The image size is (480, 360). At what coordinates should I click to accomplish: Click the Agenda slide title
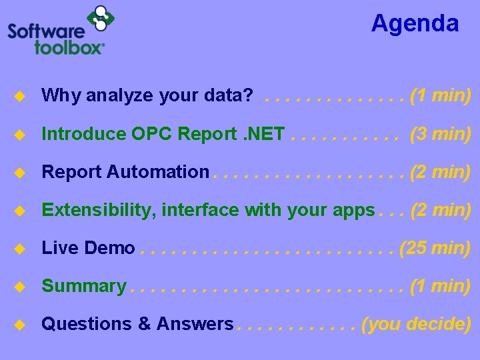point(415,23)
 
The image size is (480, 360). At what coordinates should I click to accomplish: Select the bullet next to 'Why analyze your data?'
point(20,97)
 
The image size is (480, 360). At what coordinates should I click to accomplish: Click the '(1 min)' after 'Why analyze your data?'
point(441,96)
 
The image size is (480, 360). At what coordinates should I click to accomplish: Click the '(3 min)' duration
point(441,134)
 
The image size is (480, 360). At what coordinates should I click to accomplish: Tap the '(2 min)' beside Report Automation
point(441,172)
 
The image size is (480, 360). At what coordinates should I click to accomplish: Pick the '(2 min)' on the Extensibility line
point(441,210)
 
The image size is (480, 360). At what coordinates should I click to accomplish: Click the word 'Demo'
point(110,249)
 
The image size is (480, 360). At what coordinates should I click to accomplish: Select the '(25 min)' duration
point(435,248)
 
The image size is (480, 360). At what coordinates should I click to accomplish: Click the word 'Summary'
point(83,287)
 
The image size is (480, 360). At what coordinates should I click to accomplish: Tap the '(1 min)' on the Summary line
point(441,286)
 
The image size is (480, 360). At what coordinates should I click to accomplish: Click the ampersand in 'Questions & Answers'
point(144,324)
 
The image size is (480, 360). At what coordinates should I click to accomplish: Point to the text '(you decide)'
point(416,324)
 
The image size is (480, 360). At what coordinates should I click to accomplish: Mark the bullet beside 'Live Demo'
point(20,249)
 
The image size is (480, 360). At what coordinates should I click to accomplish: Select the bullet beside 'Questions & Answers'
point(20,325)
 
